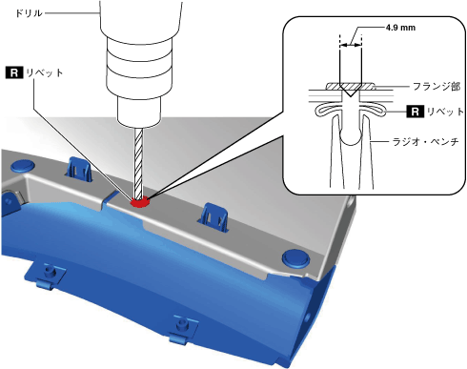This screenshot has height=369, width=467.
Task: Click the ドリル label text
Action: click(29, 13)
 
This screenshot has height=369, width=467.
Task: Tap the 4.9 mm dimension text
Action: click(400, 28)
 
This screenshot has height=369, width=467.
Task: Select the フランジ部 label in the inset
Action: click(437, 86)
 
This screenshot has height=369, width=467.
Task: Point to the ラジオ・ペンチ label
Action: click(426, 141)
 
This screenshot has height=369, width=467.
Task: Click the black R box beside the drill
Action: click(14, 72)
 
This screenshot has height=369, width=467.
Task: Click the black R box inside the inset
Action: click(415, 112)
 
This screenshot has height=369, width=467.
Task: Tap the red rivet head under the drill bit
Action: click(140, 202)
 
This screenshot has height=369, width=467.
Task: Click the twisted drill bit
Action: click(139, 162)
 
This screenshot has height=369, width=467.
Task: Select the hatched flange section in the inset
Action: click(350, 86)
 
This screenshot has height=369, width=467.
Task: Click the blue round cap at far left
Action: click(22, 166)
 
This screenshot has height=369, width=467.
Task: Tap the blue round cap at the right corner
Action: click(295, 257)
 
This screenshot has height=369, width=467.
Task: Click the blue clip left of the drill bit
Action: click(78, 169)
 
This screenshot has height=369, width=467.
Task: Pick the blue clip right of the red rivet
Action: click(214, 216)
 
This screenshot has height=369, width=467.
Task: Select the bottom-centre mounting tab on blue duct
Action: click(182, 331)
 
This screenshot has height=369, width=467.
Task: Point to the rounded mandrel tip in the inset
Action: click(350, 137)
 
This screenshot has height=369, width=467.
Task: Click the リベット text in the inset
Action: click(445, 112)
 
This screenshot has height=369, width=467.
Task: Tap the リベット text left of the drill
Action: click(45, 72)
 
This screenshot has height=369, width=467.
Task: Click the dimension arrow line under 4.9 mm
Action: click(351, 46)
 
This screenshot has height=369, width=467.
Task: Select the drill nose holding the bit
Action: click(138, 111)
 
